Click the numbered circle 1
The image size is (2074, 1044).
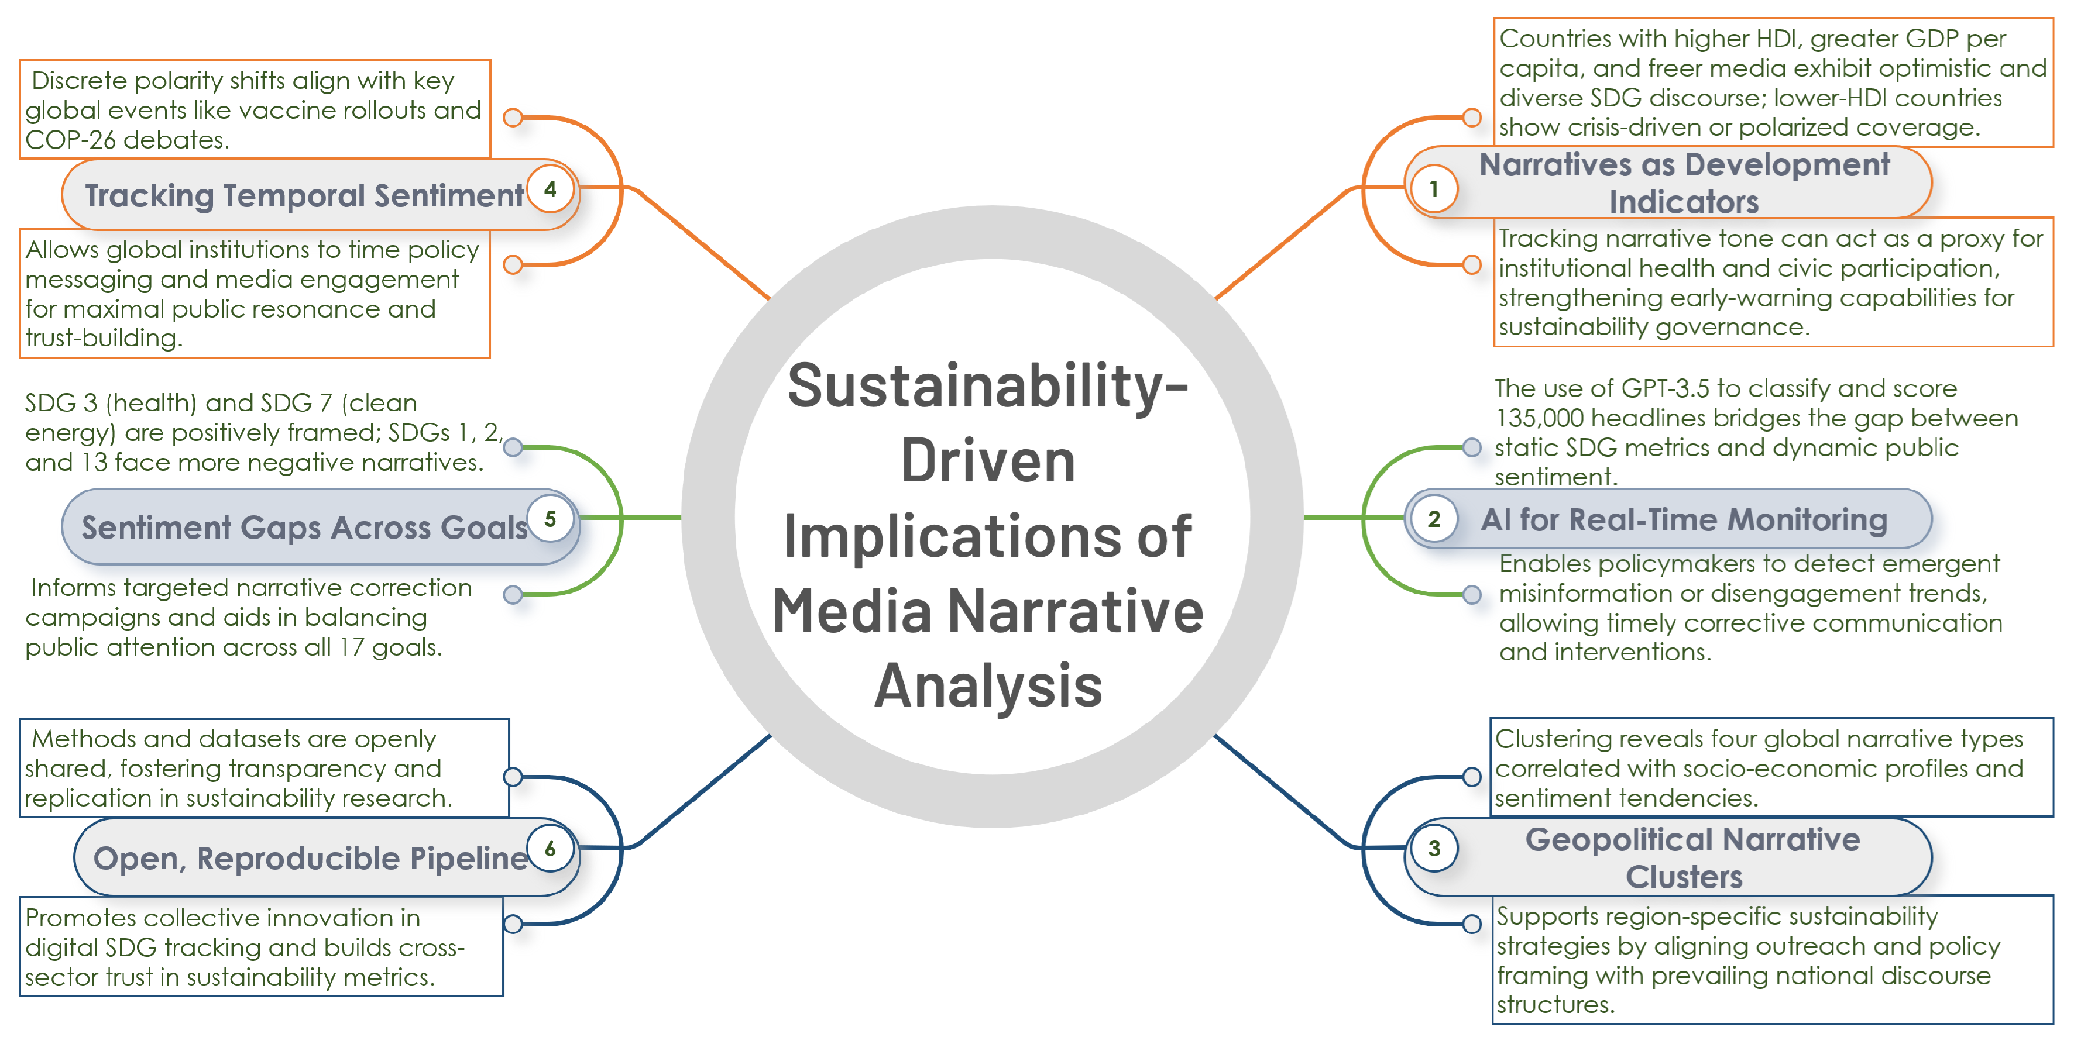pyautogui.click(x=1434, y=189)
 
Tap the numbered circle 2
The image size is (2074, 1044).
pyautogui.click(x=1434, y=519)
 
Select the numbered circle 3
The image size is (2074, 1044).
pyautogui.click(x=1434, y=849)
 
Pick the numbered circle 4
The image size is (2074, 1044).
pyautogui.click(x=551, y=189)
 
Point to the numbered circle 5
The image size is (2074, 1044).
pyautogui.click(x=551, y=519)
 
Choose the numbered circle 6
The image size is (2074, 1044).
pyautogui.click(x=551, y=849)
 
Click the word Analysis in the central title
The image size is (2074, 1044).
pyautogui.click(x=988, y=687)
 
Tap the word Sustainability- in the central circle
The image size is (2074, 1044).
pyautogui.click(x=988, y=387)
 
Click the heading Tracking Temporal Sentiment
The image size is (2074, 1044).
pyautogui.click(x=304, y=195)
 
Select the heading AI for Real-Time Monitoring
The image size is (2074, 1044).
pyautogui.click(x=1684, y=520)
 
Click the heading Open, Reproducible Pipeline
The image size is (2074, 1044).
pyautogui.click(x=310, y=858)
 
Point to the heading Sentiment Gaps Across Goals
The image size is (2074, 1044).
pyautogui.click(x=304, y=527)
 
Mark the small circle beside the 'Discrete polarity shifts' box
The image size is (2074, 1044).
pyautogui.click(x=513, y=118)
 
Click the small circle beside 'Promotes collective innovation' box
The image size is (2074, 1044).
pyautogui.click(x=513, y=924)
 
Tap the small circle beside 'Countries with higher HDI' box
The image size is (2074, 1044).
pyautogui.click(x=1472, y=118)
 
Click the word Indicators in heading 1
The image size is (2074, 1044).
pyautogui.click(x=1684, y=202)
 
